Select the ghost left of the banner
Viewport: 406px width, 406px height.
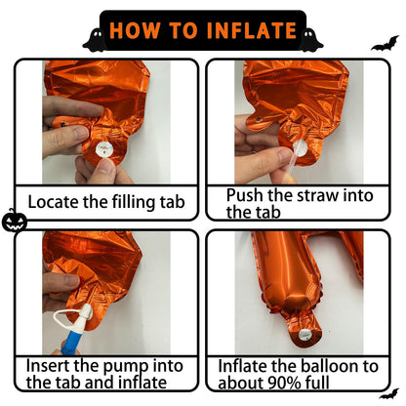[95, 40]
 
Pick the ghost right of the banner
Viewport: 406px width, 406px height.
[310, 40]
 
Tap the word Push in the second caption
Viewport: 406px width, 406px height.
[245, 195]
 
